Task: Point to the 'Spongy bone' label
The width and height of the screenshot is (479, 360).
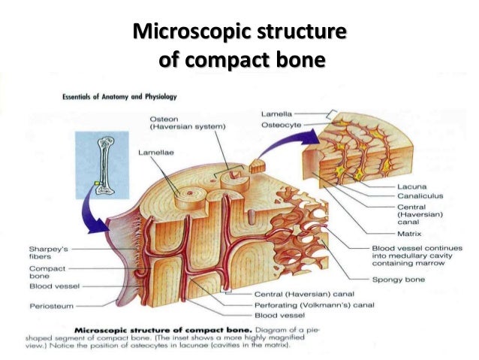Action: point(397,279)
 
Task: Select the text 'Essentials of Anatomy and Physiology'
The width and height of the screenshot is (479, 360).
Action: point(116,97)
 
